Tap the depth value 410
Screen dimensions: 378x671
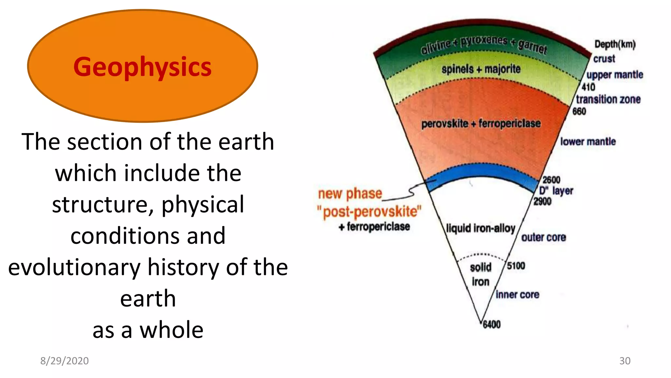coord(588,87)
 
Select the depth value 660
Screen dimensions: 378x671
coord(579,112)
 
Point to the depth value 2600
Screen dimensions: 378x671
coord(551,180)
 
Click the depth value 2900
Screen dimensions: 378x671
coord(542,201)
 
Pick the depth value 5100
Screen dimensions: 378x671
coord(516,266)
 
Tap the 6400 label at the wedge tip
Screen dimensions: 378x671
coord(491,325)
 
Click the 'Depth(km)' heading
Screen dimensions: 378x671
coord(615,44)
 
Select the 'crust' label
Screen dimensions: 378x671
coord(604,59)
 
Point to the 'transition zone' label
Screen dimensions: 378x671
coord(608,99)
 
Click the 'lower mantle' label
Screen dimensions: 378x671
coord(588,142)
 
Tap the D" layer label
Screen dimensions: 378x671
coord(556,191)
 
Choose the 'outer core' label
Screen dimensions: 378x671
coord(544,237)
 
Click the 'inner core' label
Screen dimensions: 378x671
coord(517,295)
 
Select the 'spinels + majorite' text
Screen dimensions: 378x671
coord(481,69)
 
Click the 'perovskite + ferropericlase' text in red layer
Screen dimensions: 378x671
coord(481,124)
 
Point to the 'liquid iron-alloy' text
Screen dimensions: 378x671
coord(480,228)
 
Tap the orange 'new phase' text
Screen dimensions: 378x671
coord(350,194)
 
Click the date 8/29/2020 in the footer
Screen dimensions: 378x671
coord(64,361)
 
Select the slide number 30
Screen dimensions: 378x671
coord(624,361)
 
